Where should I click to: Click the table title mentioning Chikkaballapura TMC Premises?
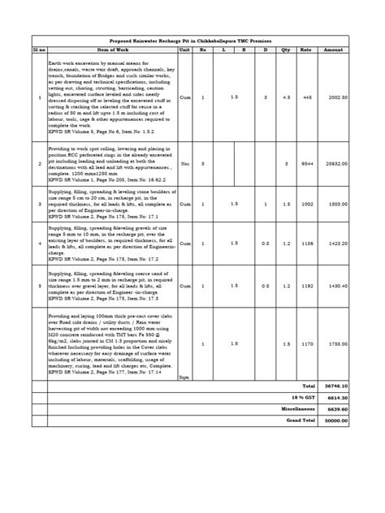[192, 40]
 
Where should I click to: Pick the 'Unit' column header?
[184, 50]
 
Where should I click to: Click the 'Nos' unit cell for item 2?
[184, 162]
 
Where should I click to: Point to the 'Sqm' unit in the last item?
[184, 376]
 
